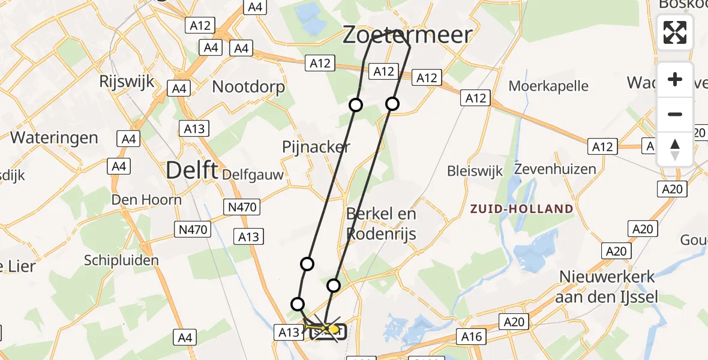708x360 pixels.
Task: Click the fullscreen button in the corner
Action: [x=675, y=32]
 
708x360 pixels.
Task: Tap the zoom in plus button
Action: [x=675, y=80]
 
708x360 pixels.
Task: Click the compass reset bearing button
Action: [x=675, y=149]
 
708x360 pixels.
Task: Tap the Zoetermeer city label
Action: [x=407, y=35]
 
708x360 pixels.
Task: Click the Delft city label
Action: [x=191, y=170]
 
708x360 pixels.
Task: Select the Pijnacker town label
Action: [x=316, y=147]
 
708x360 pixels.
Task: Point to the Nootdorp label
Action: [x=248, y=86]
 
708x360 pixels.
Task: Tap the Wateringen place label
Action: [x=54, y=137]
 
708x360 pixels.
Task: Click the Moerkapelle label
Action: [x=548, y=86]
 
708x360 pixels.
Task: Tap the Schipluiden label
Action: [x=122, y=260]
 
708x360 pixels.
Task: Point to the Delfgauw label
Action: [x=252, y=175]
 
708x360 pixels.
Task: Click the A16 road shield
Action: [x=471, y=337]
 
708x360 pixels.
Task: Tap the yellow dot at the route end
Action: [x=334, y=329]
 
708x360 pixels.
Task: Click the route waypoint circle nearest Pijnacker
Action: [x=356, y=105]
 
